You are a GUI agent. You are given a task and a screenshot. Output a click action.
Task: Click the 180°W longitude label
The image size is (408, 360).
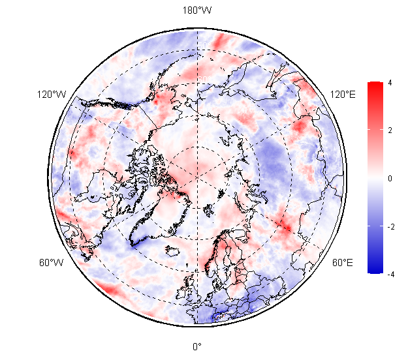tap(197, 10)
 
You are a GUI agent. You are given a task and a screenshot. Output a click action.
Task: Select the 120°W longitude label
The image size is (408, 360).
tap(52, 95)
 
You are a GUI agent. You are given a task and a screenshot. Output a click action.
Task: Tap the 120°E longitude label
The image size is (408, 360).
tap(343, 95)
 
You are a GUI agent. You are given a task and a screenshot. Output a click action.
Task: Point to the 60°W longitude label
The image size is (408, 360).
tap(52, 263)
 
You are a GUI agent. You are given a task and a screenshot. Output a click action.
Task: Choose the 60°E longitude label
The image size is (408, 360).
tap(343, 263)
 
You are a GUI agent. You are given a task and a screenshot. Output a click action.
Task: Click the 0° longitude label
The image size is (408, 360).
tap(197, 347)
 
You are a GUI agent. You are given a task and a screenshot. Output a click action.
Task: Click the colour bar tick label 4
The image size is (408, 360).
tap(390, 83)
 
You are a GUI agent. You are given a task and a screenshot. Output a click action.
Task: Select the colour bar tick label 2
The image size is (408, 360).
tap(390, 130)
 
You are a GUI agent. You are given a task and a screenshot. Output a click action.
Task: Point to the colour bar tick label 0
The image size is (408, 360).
tap(390, 178)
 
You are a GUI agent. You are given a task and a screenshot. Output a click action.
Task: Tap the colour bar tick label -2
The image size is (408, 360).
tap(391, 227)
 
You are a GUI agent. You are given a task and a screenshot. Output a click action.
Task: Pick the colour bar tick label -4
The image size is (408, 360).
tap(391, 274)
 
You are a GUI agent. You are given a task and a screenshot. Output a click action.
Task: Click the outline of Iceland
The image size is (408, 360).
tap(172, 250)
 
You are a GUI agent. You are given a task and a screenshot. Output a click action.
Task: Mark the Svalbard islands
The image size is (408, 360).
tap(209, 210)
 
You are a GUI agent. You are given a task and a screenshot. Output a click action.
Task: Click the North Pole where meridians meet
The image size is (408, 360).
tap(197, 177)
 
